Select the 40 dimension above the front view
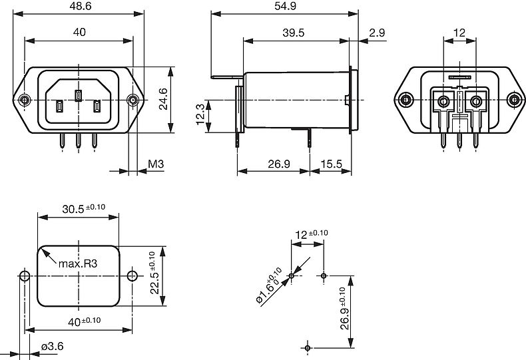[x=79, y=32]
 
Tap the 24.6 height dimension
[x=163, y=100]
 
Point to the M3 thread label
[x=156, y=164]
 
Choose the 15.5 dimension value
[x=330, y=163]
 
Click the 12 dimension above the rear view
[x=459, y=32]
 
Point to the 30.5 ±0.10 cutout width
[x=83, y=208]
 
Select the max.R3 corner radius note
[x=78, y=264]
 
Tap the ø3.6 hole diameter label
[x=52, y=346]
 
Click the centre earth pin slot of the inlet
[x=78, y=95]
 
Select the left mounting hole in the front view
[x=25, y=100]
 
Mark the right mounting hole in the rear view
[x=514, y=100]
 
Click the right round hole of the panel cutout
[x=132, y=275]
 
